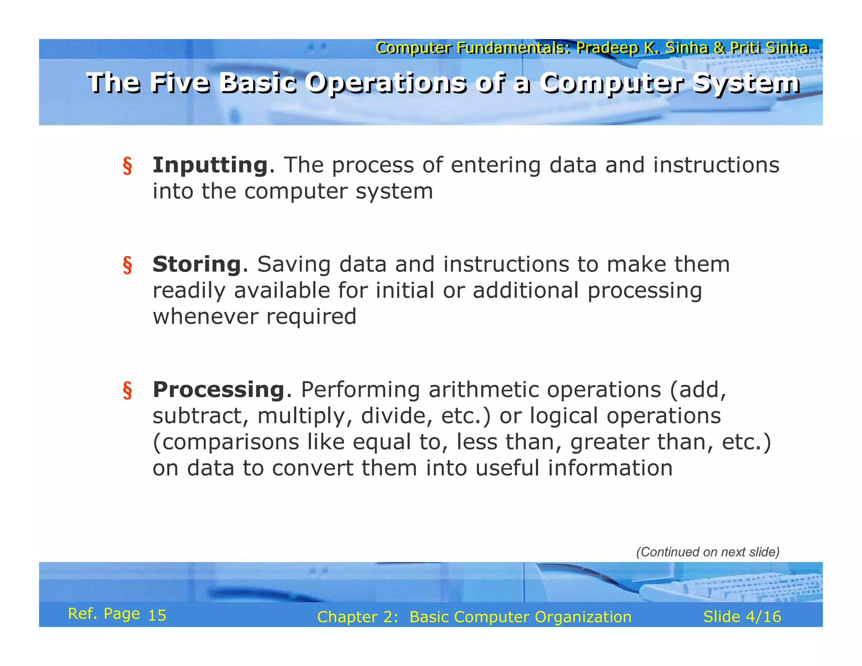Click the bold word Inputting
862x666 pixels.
pyautogui.click(x=210, y=165)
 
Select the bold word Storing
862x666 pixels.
pyautogui.click(x=197, y=264)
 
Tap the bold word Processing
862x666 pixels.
pyautogui.click(x=218, y=389)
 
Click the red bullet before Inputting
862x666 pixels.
pyautogui.click(x=127, y=166)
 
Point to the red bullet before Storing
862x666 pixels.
pyautogui.click(x=127, y=265)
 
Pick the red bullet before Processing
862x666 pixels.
pyautogui.click(x=127, y=390)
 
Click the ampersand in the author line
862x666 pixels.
pyautogui.click(x=719, y=48)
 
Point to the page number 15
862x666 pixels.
pyautogui.click(x=157, y=615)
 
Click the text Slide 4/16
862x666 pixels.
pyautogui.click(x=742, y=617)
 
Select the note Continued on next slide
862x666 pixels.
pyautogui.click(x=708, y=552)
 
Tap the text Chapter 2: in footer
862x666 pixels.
pyautogui.click(x=357, y=617)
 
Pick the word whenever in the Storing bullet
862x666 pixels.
pyautogui.click(x=205, y=317)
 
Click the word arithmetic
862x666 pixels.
pyautogui.click(x=483, y=389)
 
